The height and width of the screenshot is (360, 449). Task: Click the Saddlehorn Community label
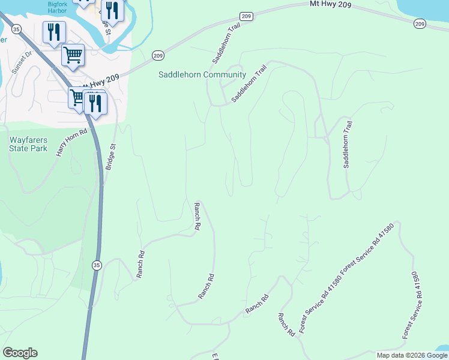pyautogui.click(x=202, y=75)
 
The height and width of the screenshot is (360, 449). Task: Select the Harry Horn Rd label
pyautogui.click(x=71, y=143)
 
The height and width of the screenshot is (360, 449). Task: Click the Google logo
pyautogui.click(x=20, y=353)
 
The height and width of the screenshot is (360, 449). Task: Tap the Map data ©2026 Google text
pyautogui.click(x=412, y=355)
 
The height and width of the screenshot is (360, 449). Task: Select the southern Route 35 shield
pyautogui.click(x=97, y=265)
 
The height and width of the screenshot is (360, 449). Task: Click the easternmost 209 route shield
pyautogui.click(x=420, y=23)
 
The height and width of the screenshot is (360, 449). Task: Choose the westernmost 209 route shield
pyautogui.click(x=158, y=55)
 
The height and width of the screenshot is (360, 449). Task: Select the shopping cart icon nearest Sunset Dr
pyautogui.click(x=73, y=55)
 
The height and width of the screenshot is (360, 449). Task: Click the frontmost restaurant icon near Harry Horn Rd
pyautogui.click(x=95, y=103)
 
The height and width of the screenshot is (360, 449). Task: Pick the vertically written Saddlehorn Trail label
pyautogui.click(x=347, y=145)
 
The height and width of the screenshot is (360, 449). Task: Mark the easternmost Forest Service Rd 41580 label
pyautogui.click(x=415, y=305)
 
